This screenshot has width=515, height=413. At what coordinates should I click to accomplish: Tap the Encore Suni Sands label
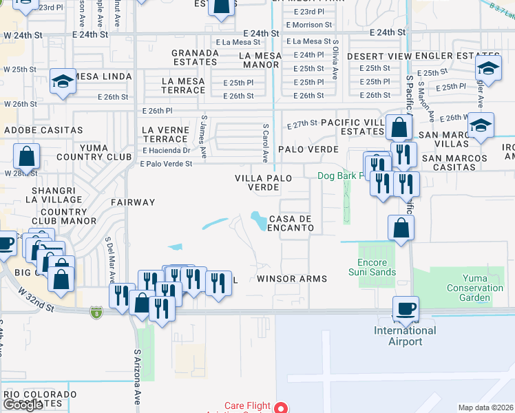click(377, 267)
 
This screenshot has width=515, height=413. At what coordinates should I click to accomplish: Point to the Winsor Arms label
click(291, 279)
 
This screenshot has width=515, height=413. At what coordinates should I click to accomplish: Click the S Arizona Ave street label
click(136, 378)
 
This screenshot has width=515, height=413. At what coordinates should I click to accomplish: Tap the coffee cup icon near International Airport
click(406, 308)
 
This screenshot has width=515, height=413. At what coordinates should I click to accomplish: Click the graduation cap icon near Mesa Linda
click(63, 81)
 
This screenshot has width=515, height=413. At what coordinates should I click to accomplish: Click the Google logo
click(22, 404)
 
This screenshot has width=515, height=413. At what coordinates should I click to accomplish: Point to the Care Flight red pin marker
click(280, 407)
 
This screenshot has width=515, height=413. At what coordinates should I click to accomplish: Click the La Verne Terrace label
click(164, 134)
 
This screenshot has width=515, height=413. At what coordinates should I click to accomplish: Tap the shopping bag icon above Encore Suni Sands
click(401, 228)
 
